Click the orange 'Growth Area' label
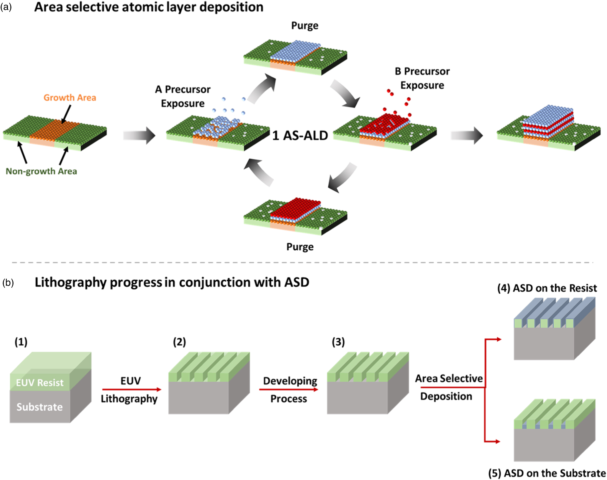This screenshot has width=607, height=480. click(70, 98)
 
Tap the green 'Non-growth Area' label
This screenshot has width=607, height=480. click(41, 171)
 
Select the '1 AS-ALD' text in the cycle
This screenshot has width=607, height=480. click(300, 136)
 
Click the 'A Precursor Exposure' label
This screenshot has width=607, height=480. click(183, 96)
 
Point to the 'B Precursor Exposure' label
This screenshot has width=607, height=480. click(422, 78)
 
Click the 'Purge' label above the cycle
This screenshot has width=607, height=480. click(305, 26)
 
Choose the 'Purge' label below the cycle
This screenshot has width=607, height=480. click(300, 247)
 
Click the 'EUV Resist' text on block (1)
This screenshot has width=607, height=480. click(40, 382)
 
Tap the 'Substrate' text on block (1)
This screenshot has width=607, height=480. click(40, 407)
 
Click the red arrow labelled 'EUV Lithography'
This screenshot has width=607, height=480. click(132, 389)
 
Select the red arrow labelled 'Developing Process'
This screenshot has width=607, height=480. click(289, 389)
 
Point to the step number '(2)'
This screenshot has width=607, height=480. click(179, 342)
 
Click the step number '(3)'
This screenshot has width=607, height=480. click(338, 342)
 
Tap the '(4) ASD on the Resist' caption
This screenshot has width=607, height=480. click(547, 288)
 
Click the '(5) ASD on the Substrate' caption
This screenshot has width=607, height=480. click(547, 473)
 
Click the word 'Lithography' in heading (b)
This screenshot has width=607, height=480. click(71, 282)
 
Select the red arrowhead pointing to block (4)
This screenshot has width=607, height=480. click(498, 339)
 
